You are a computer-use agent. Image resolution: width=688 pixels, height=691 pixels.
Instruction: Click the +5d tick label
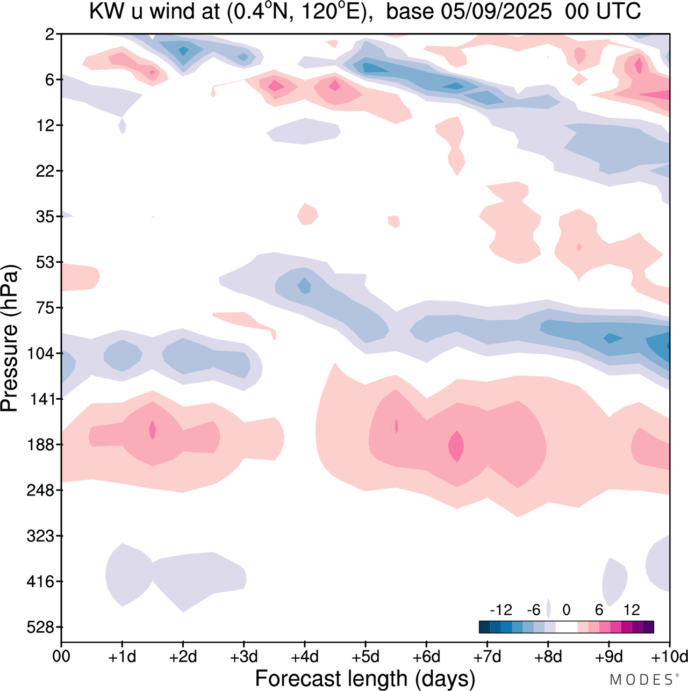(x=365, y=657)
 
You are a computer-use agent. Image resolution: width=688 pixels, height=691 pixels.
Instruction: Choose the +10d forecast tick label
(x=670, y=657)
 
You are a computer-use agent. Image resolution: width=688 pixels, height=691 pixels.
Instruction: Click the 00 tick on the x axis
(x=61, y=657)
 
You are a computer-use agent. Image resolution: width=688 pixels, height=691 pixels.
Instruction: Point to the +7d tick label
(x=487, y=657)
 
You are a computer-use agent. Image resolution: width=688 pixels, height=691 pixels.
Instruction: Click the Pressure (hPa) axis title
(x=10, y=339)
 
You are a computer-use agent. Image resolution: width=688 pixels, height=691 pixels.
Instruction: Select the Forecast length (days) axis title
(x=365, y=679)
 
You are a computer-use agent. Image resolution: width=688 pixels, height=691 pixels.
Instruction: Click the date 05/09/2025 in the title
(x=496, y=12)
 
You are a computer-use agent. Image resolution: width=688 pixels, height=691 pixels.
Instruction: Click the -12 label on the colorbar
(x=501, y=610)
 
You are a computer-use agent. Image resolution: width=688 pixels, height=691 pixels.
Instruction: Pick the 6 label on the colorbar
(x=599, y=610)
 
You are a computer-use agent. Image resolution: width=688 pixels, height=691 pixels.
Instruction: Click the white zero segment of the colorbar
(x=567, y=627)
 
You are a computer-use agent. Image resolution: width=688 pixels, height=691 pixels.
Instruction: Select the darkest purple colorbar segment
(x=648, y=627)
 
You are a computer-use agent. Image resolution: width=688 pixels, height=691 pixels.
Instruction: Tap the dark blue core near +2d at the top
(x=183, y=51)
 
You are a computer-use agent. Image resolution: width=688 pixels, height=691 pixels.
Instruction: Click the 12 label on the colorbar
(x=632, y=610)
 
